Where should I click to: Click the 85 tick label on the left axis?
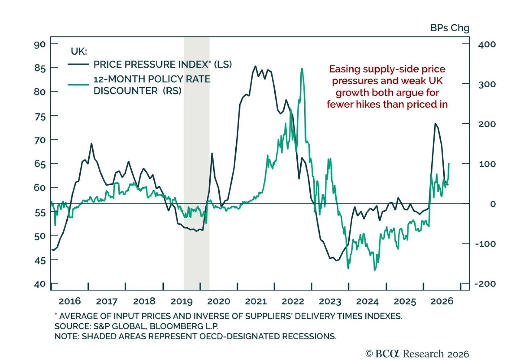pyautogui.click(x=40, y=68)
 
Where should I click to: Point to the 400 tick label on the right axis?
pyautogui.click(x=487, y=44)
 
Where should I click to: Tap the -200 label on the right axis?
pyautogui.click(x=485, y=284)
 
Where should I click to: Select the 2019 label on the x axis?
pyautogui.click(x=182, y=301)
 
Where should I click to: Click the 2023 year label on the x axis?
pyautogui.click(x=330, y=301)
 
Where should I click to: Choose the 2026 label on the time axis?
pyautogui.click(x=442, y=301)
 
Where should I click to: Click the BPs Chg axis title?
pyautogui.click(x=450, y=28)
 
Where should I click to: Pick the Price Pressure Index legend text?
pyautogui.click(x=162, y=64)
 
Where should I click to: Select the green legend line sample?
pyautogui.click(x=78, y=85)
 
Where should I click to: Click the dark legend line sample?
pyautogui.click(x=78, y=64)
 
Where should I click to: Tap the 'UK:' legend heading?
pyautogui.click(x=79, y=51)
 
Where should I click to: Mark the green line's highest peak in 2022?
pyautogui.click(x=302, y=69)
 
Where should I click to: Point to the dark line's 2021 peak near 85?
pyautogui.click(x=255, y=66)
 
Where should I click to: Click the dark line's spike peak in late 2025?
pyautogui.click(x=435, y=124)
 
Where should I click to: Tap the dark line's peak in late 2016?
pyautogui.click(x=91, y=143)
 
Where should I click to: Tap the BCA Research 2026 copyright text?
pyautogui.click(x=417, y=354)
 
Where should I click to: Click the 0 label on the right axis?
pyautogui.click(x=493, y=204)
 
